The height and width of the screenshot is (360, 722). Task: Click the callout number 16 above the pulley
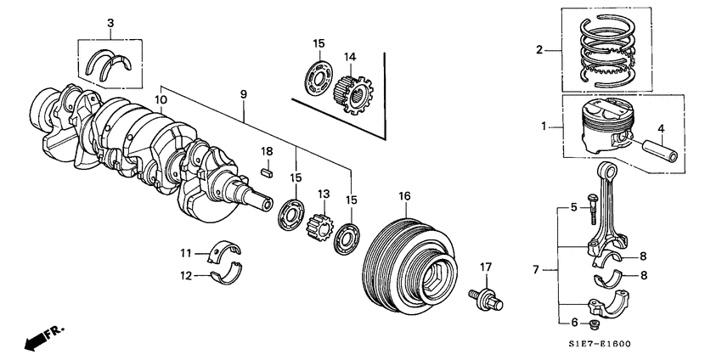[x=404, y=196]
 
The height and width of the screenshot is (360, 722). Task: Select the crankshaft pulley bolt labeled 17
[x=485, y=297]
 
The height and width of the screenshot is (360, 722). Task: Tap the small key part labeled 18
[x=265, y=172]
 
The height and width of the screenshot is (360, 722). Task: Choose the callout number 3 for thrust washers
[x=110, y=22]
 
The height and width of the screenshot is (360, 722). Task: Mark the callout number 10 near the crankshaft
[x=161, y=100]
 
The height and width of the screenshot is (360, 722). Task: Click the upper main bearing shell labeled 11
[x=224, y=251]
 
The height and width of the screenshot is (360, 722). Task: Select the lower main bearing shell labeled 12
[x=224, y=275]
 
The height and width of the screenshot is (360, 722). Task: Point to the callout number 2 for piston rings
[x=538, y=49]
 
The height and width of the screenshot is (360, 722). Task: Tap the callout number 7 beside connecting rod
[x=536, y=270]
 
